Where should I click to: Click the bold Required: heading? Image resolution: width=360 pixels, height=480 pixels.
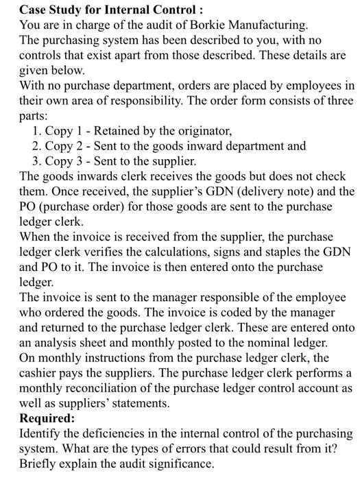pyautogui.click(x=46, y=418)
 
